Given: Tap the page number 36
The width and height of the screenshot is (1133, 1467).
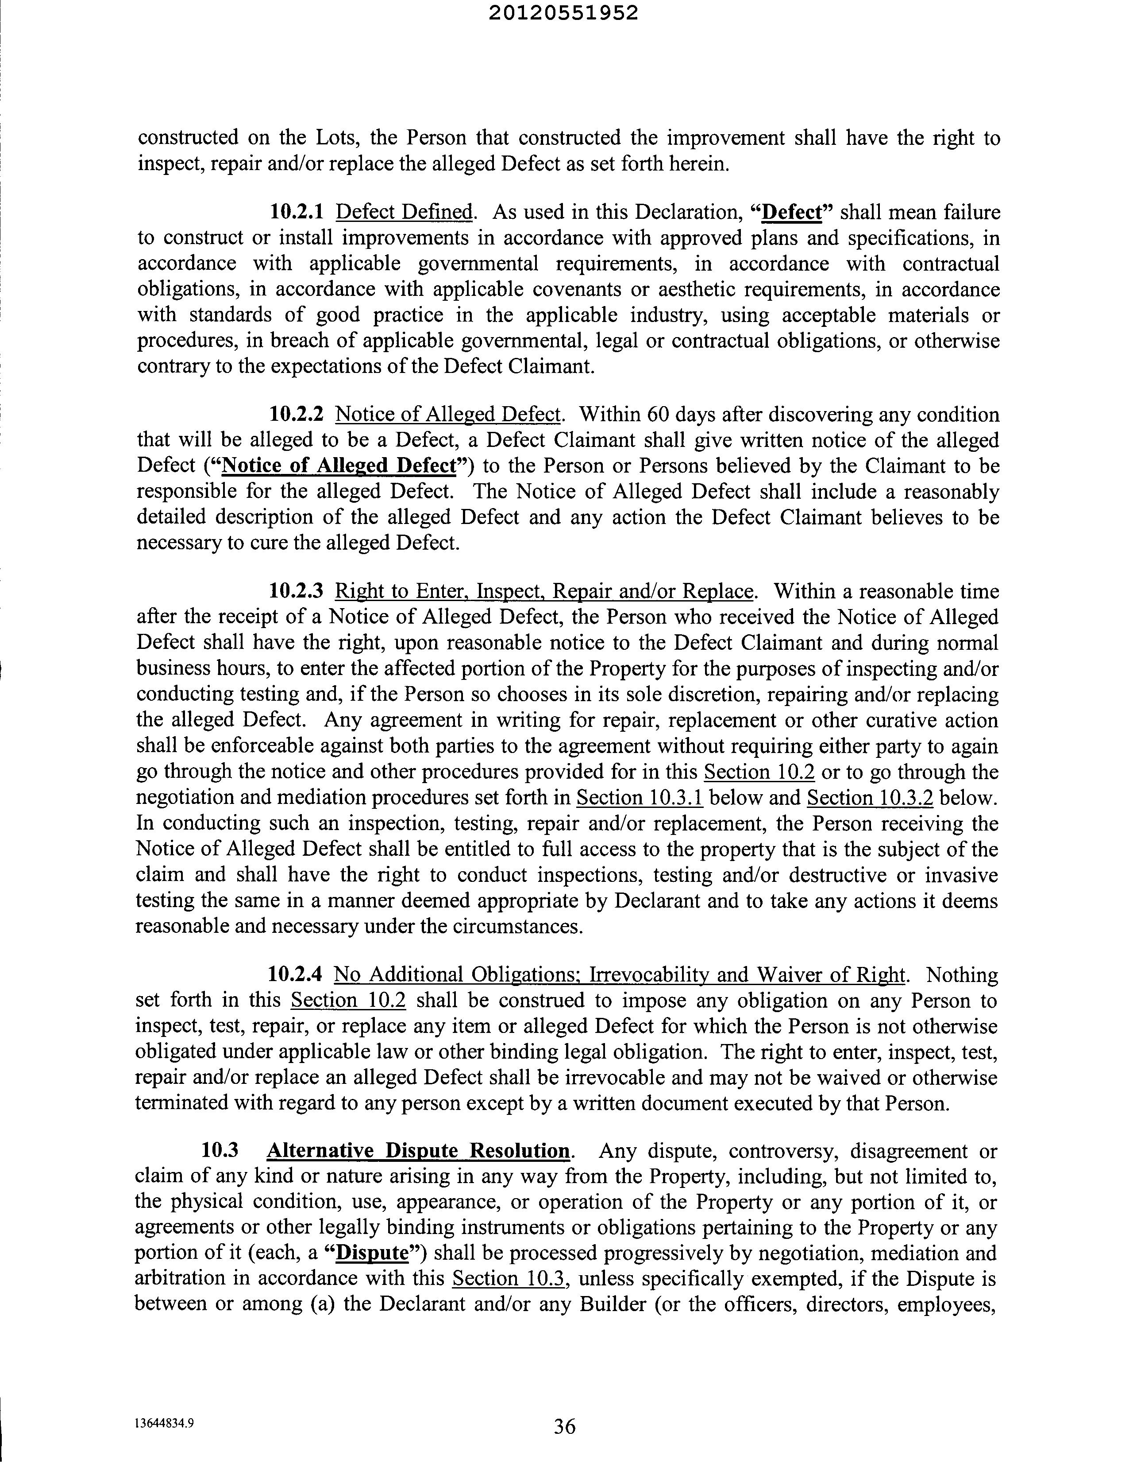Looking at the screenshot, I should [564, 1426].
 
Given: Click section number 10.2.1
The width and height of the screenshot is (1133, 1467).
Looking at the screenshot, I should [296, 212].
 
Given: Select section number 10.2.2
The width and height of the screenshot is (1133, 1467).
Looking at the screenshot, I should [296, 415].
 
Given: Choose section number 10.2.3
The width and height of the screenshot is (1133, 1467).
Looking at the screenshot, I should [296, 591].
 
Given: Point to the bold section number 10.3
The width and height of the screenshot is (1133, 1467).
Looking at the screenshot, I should [220, 1151].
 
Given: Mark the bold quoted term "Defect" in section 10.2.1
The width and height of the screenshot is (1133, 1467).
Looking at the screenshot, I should [794, 212].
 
